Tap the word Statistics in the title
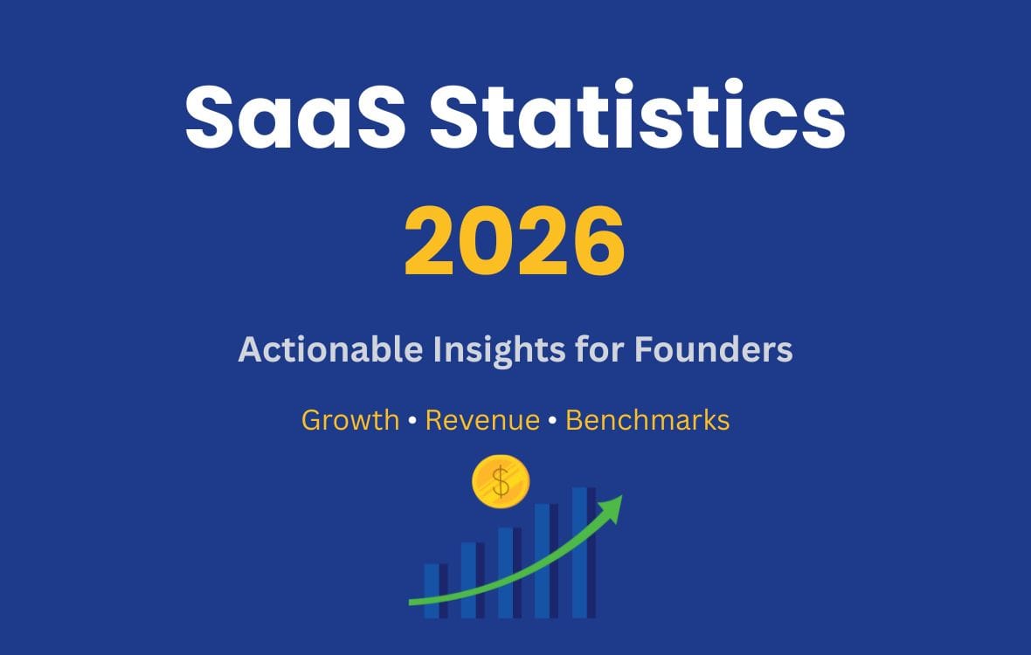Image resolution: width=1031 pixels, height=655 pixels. (x=638, y=117)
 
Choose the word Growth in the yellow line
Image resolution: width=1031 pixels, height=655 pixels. (x=349, y=421)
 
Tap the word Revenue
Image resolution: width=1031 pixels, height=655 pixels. (x=482, y=420)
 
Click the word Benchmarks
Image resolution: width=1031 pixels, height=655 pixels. (x=647, y=420)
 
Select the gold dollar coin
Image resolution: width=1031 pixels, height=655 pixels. (x=501, y=482)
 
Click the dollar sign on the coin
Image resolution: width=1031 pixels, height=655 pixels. (x=501, y=482)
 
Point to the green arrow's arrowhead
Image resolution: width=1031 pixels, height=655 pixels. (x=612, y=507)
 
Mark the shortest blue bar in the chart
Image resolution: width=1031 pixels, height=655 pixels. (x=433, y=590)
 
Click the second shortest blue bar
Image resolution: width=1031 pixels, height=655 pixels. (x=470, y=579)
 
